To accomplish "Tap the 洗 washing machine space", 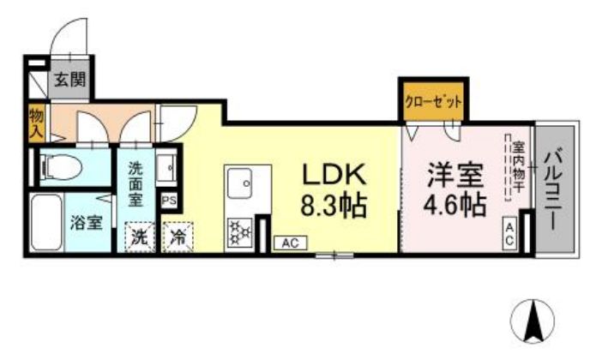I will pos(138,238).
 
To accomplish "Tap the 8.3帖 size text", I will pos(333,206).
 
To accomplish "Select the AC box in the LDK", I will pos(289,243).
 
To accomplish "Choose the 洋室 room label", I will pos(456,174).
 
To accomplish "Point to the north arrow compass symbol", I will pos(531,321).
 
